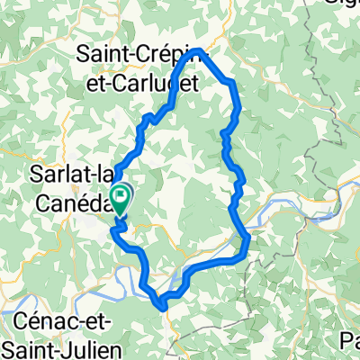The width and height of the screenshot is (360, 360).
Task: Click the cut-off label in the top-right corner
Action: click(343, 4)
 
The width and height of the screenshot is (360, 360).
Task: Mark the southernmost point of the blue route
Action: click(163, 307)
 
